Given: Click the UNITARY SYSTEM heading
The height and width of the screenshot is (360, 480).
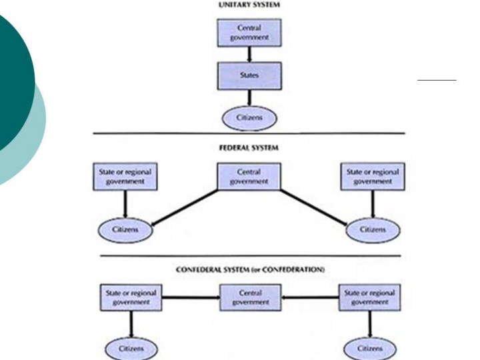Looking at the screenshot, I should (x=248, y=5).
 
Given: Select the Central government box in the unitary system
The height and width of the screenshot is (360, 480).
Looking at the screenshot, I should (x=249, y=33).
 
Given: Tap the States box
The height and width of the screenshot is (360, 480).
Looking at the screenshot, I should (x=248, y=76).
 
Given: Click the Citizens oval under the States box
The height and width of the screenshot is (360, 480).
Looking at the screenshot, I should (x=248, y=119).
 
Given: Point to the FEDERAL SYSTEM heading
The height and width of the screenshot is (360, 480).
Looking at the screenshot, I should (x=248, y=147).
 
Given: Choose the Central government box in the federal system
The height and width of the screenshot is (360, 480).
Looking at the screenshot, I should (x=248, y=177).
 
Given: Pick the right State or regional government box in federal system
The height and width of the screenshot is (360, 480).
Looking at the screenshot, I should (x=372, y=177).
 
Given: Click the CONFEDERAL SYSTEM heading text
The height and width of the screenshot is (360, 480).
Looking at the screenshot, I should (x=249, y=269).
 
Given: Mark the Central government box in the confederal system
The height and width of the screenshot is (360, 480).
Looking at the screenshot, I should (x=249, y=298).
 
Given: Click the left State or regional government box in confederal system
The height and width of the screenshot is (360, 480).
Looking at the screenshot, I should (x=131, y=298).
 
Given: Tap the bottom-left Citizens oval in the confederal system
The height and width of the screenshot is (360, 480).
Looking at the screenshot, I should (x=131, y=349).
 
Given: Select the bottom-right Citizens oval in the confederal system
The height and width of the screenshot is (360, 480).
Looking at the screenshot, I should (x=370, y=349).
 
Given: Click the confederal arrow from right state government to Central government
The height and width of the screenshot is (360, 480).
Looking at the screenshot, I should (x=309, y=298).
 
